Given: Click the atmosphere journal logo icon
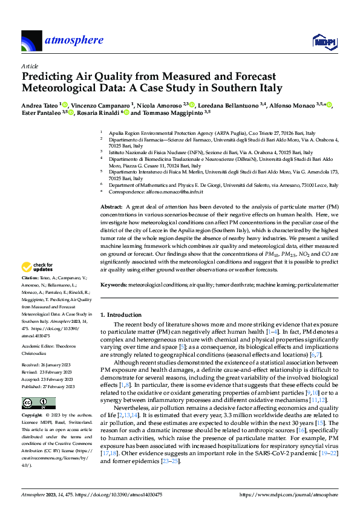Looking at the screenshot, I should point(31,41).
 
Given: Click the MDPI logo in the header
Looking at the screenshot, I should point(323,41).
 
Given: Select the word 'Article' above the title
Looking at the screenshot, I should point(30,66).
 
